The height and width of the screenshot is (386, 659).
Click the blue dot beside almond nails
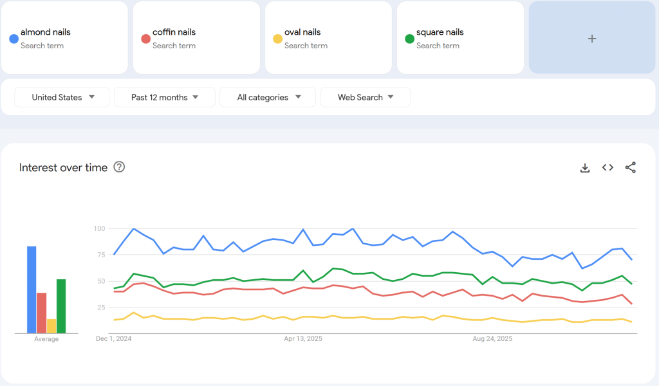(x=14, y=39)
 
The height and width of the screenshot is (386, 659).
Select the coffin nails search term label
(x=174, y=32)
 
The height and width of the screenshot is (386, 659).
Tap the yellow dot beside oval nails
(x=277, y=39)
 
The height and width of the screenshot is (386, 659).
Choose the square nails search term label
(x=440, y=32)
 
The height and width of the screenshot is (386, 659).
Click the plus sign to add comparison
(x=592, y=39)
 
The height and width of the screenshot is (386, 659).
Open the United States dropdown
(x=62, y=97)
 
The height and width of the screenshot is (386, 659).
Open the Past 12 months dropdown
(x=164, y=97)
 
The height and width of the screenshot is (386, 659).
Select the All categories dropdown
(x=268, y=97)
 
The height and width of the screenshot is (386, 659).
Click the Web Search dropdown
(x=365, y=97)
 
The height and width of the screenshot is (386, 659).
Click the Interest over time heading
(x=63, y=167)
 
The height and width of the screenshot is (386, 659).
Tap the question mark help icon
(x=119, y=167)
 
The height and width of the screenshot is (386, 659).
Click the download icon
(x=585, y=168)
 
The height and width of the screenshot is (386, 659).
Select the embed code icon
(x=608, y=167)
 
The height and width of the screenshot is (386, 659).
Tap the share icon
(x=631, y=167)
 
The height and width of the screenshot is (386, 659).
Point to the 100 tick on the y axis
(x=98, y=228)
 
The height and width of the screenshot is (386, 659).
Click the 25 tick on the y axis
(x=100, y=308)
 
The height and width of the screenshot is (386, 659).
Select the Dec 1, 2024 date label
(x=113, y=338)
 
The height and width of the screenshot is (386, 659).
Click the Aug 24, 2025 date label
(x=492, y=338)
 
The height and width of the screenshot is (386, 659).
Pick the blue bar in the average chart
(x=32, y=289)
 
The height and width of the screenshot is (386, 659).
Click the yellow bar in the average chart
(x=51, y=326)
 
